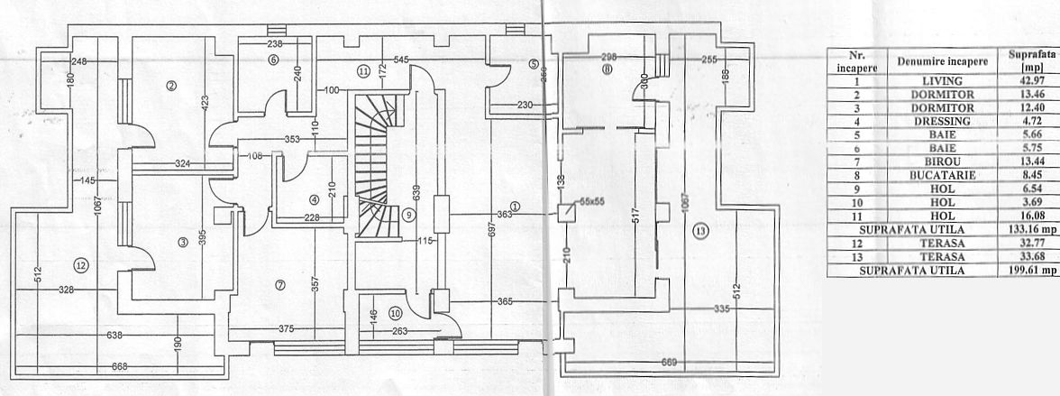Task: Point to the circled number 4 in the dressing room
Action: tap(314, 199)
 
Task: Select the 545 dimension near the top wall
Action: tap(402, 60)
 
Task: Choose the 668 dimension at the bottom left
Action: tap(119, 366)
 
